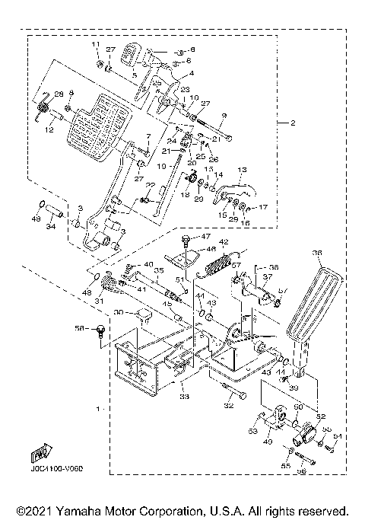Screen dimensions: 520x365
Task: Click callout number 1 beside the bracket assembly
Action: pyautogui.click(x=97, y=409)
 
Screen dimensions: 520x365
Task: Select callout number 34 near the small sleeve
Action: pyautogui.click(x=52, y=226)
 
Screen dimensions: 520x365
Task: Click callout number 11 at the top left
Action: pyautogui.click(x=97, y=46)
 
